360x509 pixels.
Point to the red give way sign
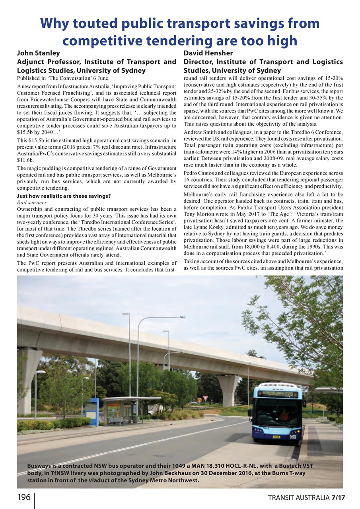(x=205, y=398)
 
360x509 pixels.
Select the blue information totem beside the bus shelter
(x=92, y=412)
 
